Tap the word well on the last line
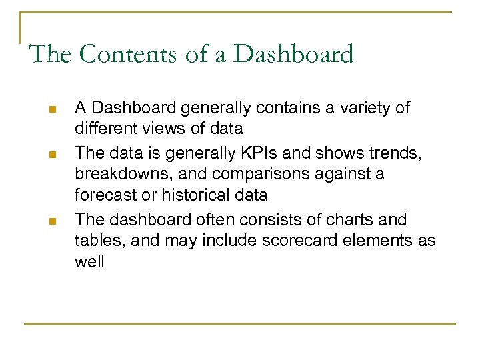89,261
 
